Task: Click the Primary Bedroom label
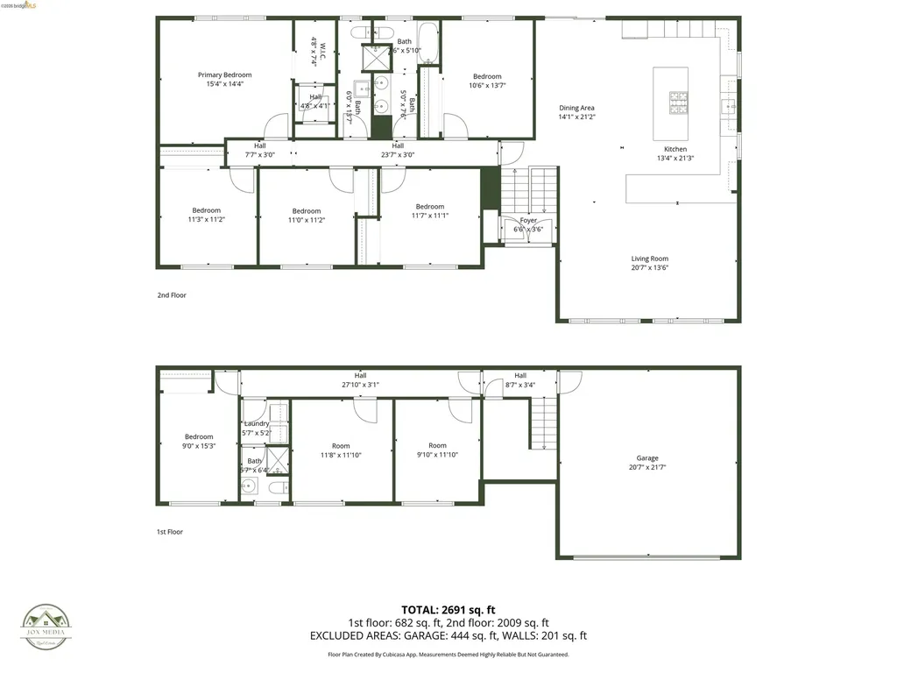pyautogui.click(x=224, y=75)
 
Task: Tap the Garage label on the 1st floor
pyautogui.click(x=647, y=458)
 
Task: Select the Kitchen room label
pyautogui.click(x=675, y=150)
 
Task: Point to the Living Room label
pyautogui.click(x=650, y=259)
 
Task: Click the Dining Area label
pyautogui.click(x=577, y=109)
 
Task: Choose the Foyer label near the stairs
pyautogui.click(x=528, y=221)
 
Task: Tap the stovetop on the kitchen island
pyautogui.click(x=679, y=103)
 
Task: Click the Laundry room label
pyautogui.click(x=257, y=424)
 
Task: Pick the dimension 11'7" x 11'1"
pyautogui.click(x=430, y=216)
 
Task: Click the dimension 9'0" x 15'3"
pyautogui.click(x=199, y=446)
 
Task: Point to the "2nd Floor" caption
pyautogui.click(x=172, y=295)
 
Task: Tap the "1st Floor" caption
pyautogui.click(x=171, y=532)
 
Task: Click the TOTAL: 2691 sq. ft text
pyautogui.click(x=448, y=610)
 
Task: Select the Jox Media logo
pyautogui.click(x=46, y=627)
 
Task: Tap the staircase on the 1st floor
pyautogui.click(x=544, y=422)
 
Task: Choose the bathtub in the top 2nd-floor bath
pyautogui.click(x=429, y=39)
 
